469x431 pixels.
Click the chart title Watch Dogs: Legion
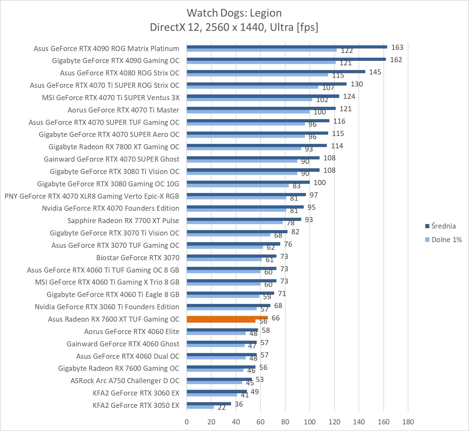(234, 13)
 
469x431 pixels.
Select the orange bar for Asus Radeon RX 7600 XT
(227, 318)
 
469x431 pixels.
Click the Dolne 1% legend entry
(443, 240)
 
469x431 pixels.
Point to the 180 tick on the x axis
(408, 422)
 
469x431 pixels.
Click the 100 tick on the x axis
(310, 422)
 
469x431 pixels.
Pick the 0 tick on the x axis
(187, 422)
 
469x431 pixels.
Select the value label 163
(397, 47)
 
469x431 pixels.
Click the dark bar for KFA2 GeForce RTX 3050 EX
(209, 404)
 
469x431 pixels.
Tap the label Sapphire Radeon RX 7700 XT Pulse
(123, 221)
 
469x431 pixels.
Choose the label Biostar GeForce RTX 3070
(138, 258)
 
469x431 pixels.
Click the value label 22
(222, 408)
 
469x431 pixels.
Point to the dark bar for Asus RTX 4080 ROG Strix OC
(276, 72)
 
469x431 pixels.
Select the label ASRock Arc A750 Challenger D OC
(125, 381)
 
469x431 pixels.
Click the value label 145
(375, 72)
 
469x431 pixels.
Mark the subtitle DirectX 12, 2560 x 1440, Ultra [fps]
(234, 27)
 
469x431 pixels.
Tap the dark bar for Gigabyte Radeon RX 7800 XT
(257, 145)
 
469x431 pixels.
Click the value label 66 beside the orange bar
(276, 318)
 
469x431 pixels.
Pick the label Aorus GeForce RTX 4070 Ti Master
(123, 110)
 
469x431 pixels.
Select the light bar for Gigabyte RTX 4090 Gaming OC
(261, 62)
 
